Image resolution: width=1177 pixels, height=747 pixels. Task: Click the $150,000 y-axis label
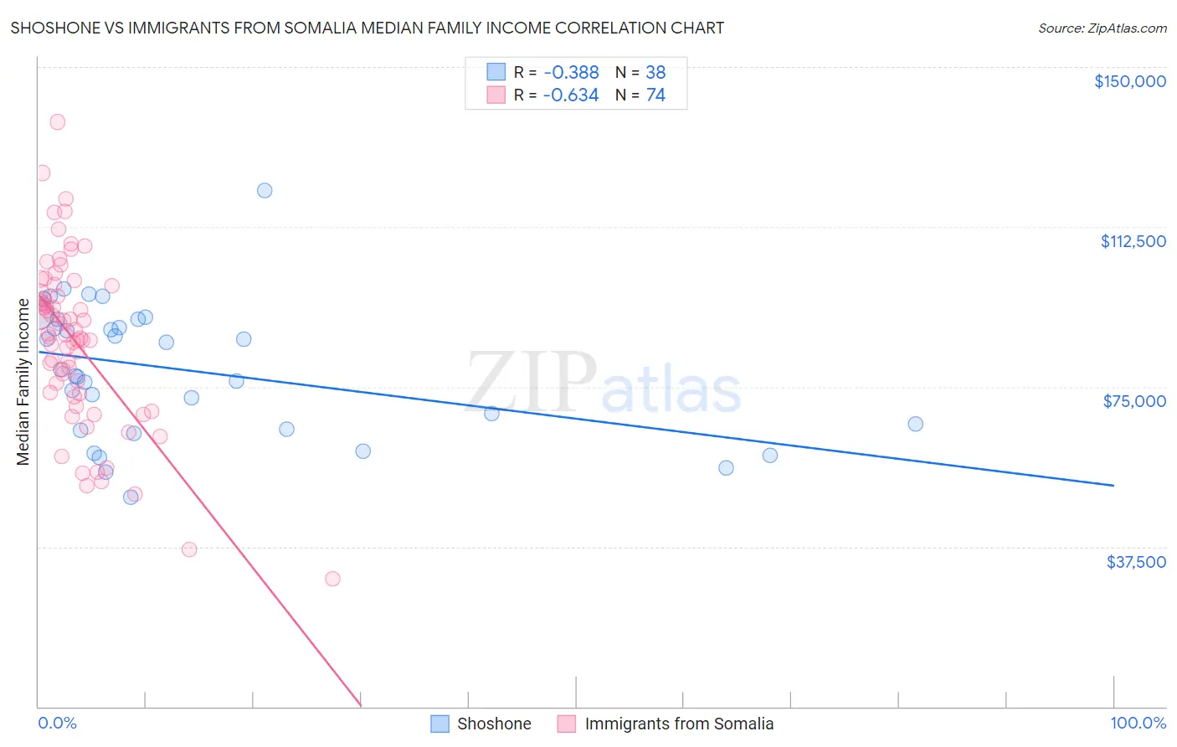[x=1129, y=81]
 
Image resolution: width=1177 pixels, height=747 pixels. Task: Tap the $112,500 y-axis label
[x=1133, y=241]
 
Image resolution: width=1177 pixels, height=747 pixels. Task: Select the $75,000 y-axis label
[x=1134, y=401]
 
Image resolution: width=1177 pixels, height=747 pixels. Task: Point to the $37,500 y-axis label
[x=1135, y=562]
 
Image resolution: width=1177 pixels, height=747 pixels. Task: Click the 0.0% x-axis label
[x=57, y=723]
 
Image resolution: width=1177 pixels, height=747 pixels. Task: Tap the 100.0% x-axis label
[x=1138, y=723]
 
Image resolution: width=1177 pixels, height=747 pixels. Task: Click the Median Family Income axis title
[x=23, y=382]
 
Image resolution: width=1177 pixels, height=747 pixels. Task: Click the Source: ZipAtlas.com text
[x=1102, y=28]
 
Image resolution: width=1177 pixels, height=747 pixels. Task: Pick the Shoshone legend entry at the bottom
[x=493, y=724]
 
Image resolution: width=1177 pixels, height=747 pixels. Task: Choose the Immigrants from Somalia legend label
[x=679, y=724]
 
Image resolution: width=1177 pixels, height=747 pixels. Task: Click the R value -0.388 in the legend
[x=571, y=73]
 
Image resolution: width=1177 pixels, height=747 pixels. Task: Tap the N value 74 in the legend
[x=655, y=95]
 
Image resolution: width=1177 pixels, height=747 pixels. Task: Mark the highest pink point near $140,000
[x=57, y=121]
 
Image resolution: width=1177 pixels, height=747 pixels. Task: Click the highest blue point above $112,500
[x=265, y=190]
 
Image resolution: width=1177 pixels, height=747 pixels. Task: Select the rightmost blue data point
[x=915, y=424]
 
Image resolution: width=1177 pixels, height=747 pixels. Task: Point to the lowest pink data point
[x=332, y=579]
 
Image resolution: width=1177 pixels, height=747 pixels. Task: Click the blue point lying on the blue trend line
[x=491, y=413]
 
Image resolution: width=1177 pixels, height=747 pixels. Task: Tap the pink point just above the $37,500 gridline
[x=189, y=549]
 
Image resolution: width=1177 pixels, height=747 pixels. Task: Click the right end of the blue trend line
[x=1113, y=485]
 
